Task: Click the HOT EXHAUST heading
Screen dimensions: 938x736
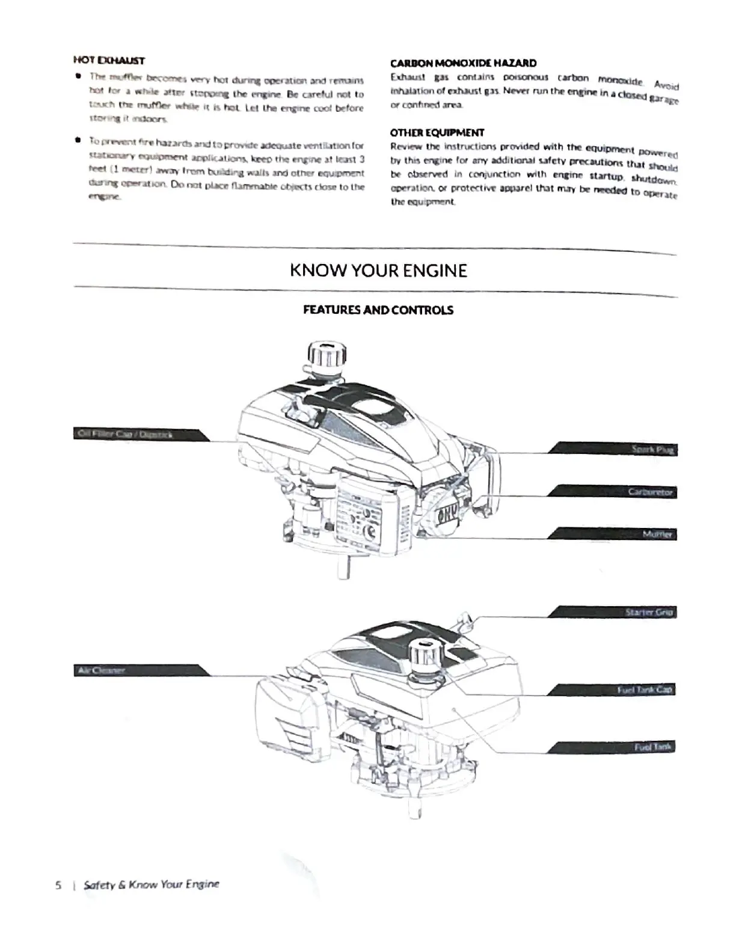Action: coord(109,61)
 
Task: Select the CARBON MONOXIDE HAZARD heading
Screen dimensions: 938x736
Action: coord(463,63)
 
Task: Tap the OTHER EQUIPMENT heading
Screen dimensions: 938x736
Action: coord(437,133)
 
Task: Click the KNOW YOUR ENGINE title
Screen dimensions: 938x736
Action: coord(378,271)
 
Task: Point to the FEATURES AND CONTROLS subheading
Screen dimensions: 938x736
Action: coord(378,310)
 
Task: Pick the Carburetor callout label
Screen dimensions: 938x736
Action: coord(650,492)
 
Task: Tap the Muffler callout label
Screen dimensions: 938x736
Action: coord(657,534)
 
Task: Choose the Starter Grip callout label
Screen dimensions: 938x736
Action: coord(648,612)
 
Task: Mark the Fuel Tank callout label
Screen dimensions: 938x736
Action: coord(653,747)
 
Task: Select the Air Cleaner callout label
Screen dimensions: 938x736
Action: coord(101,670)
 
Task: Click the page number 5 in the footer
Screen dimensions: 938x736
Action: coord(58,885)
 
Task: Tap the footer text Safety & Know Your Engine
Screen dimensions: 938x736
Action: coord(152,884)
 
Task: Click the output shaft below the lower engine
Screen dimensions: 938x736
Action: coord(415,809)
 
